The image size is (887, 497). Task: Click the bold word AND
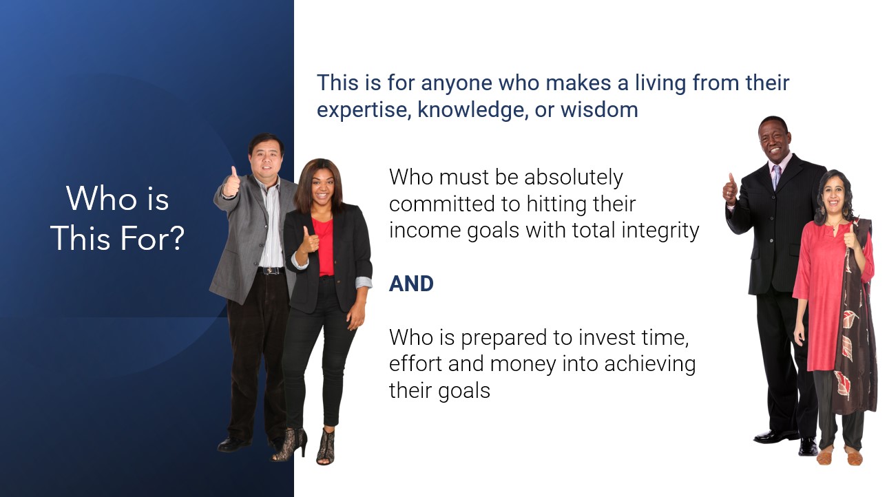pyautogui.click(x=411, y=284)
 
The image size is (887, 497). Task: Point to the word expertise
pyautogui.click(x=363, y=111)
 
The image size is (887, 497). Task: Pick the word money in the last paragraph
pyautogui.click(x=523, y=365)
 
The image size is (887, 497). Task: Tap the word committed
pyautogui.click(x=442, y=204)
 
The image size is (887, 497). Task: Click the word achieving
pyautogui.click(x=650, y=365)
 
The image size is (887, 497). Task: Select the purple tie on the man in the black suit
pyautogui.click(x=776, y=176)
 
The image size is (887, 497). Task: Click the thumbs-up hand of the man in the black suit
pyautogui.click(x=730, y=190)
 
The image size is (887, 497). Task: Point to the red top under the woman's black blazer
pyautogui.click(x=324, y=246)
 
